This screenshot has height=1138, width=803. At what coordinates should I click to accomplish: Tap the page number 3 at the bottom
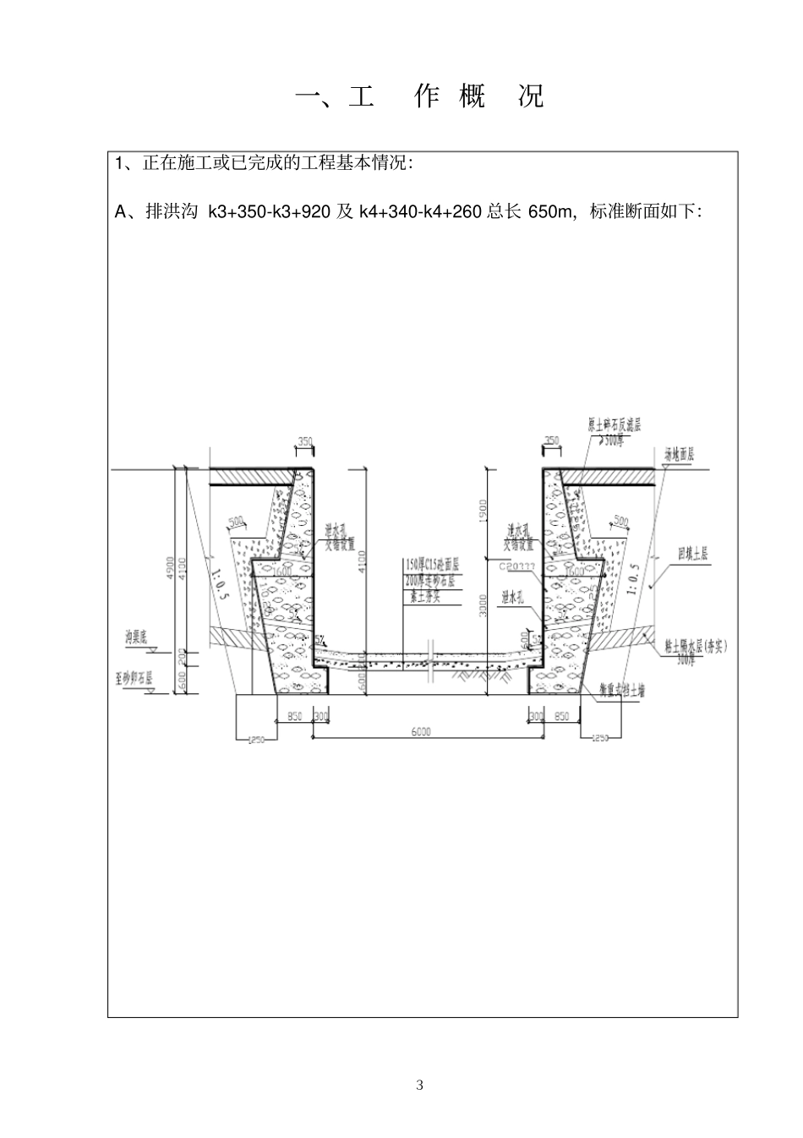coord(420,1085)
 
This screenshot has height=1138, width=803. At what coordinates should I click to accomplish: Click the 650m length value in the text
coord(549,212)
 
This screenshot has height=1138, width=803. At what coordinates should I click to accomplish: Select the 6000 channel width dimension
coord(422,731)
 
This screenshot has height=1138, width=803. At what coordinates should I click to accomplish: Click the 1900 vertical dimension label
coord(483,509)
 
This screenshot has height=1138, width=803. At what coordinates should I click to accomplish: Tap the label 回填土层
coord(692,555)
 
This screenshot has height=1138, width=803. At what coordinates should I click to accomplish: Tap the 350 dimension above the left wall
coord(305,441)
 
